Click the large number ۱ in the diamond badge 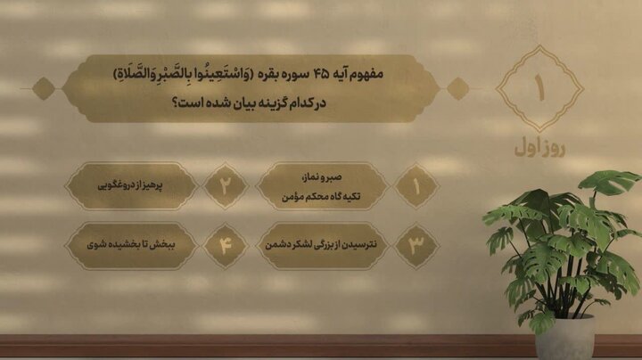(x=539, y=89)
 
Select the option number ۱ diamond (x=416, y=185)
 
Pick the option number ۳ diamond (x=416, y=245)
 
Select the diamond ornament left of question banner (x=42, y=88)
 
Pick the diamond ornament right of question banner (x=457, y=88)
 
